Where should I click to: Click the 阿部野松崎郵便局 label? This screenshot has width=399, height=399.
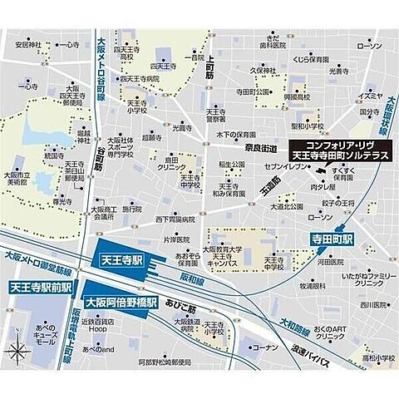[x=149, y=364]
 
